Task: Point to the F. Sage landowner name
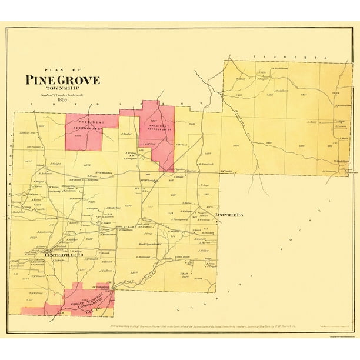pos(205,185)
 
